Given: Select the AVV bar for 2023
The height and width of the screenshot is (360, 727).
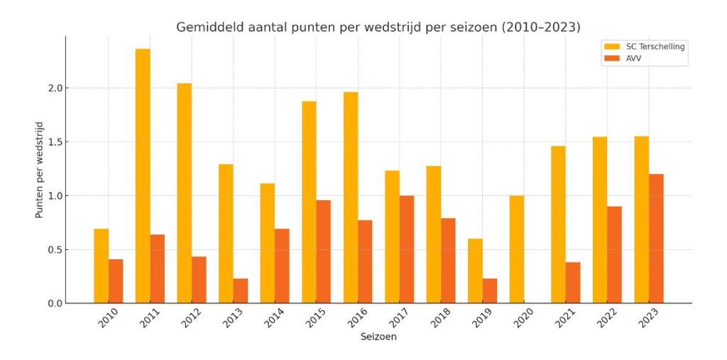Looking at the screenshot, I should pyautogui.click(x=656, y=239).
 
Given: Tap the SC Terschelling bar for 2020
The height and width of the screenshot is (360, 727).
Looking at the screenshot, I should pyautogui.click(x=517, y=249).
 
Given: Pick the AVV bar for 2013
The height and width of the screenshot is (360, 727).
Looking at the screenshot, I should pyautogui.click(x=241, y=290).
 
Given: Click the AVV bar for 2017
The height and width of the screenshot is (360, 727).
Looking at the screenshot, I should pyautogui.click(x=407, y=249).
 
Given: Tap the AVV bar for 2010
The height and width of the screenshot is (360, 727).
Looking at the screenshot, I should pyautogui.click(x=116, y=281).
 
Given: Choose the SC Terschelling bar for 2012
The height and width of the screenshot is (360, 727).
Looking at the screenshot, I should pyautogui.click(x=185, y=193).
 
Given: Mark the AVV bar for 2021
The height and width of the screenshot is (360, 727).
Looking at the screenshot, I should pyautogui.click(x=573, y=283).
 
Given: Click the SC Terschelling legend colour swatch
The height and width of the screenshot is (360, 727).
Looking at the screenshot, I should pyautogui.click(x=611, y=47).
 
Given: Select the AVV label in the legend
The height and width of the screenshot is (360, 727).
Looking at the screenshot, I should pyautogui.click(x=633, y=58).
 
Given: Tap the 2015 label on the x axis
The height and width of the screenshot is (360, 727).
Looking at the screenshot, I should pyautogui.click(x=313, y=318).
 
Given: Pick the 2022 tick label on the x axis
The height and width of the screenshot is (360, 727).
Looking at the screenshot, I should pyautogui.click(x=604, y=318).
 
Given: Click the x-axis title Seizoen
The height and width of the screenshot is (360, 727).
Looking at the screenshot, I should pyautogui.click(x=378, y=337).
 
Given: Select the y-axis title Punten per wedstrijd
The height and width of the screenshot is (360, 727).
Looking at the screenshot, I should pyautogui.click(x=40, y=170).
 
